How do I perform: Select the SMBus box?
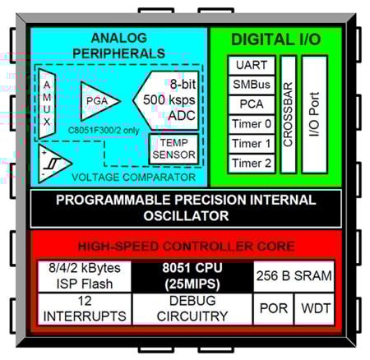point(251,85)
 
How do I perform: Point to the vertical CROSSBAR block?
point(288,114)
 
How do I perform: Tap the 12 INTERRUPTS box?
point(83,310)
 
